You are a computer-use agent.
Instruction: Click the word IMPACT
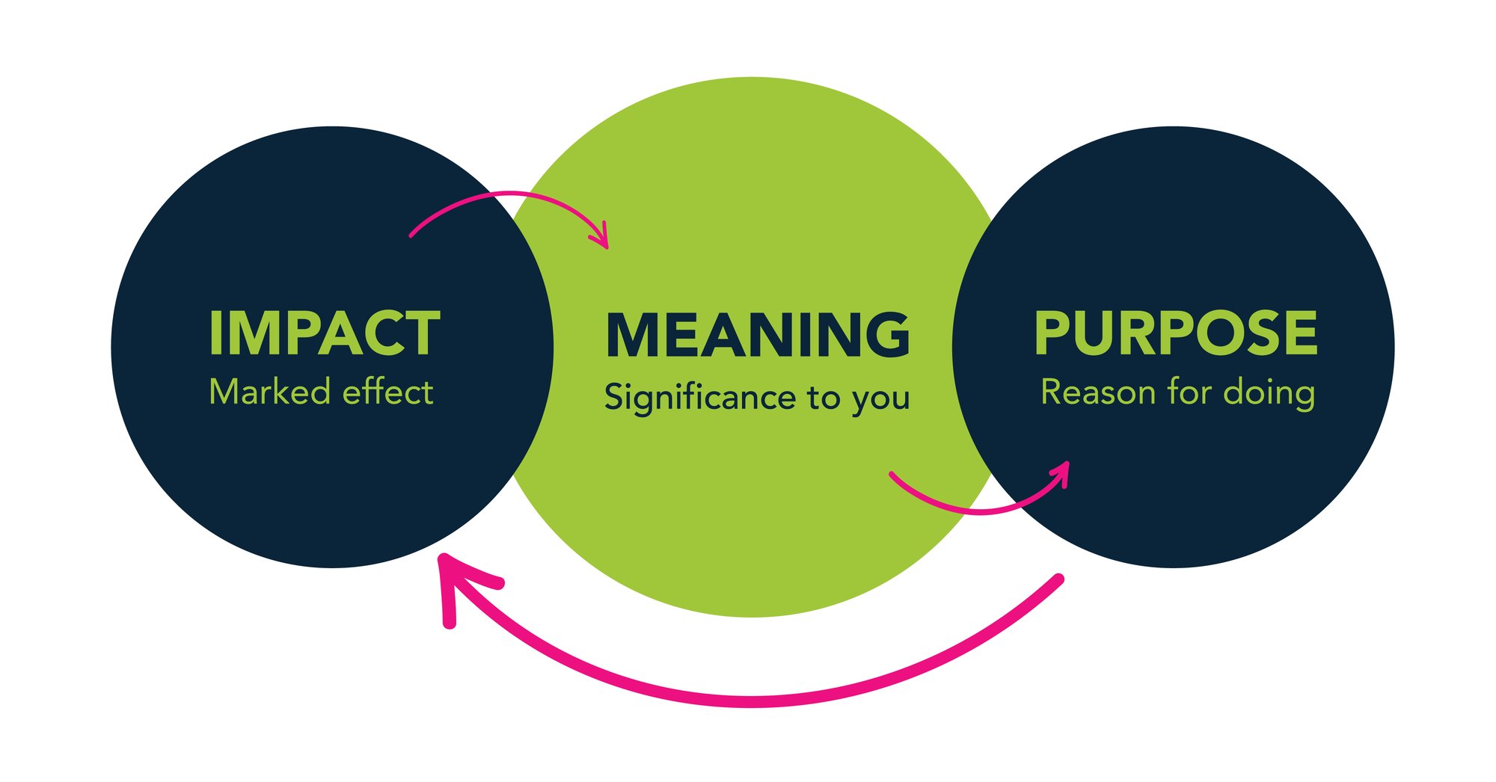(324, 333)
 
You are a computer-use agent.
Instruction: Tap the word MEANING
(757, 335)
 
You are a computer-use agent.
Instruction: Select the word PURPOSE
(1175, 333)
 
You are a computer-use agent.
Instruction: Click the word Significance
(699, 397)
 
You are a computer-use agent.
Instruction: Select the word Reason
(1097, 392)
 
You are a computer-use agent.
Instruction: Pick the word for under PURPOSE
(1189, 392)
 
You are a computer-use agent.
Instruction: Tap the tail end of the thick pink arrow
(1058, 579)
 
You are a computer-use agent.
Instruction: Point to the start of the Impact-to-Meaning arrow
(411, 235)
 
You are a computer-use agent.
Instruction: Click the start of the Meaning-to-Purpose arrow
(892, 474)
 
